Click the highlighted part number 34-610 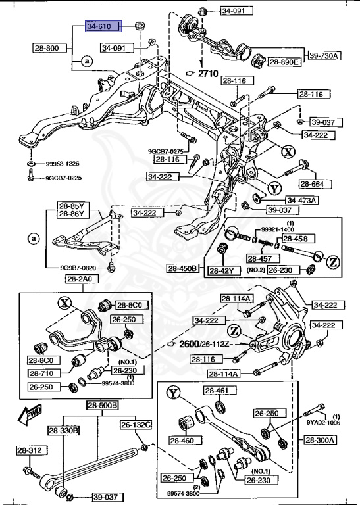(103, 27)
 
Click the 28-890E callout (284, 62)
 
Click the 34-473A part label (301, 200)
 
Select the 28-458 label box (295, 238)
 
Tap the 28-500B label (101, 406)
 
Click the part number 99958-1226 (63, 163)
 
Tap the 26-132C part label (136, 425)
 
